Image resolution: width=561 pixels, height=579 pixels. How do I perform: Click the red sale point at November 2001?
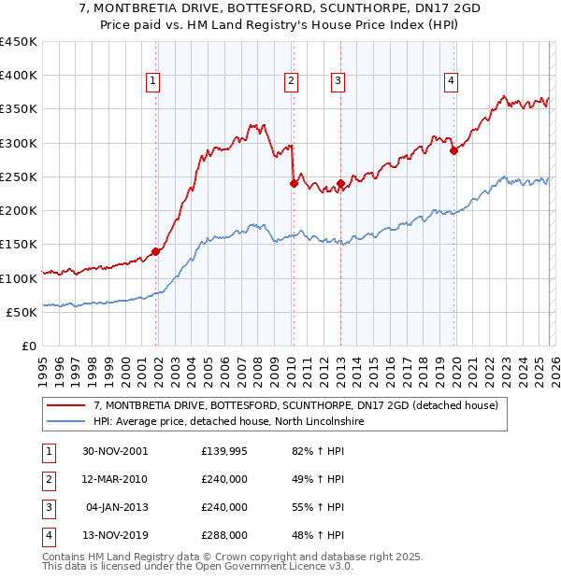[x=156, y=251]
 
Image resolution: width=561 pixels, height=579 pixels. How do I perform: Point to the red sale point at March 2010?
[x=294, y=184]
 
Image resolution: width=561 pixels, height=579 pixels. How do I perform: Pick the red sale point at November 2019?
[x=453, y=150]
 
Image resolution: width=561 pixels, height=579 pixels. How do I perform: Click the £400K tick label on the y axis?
[x=19, y=76]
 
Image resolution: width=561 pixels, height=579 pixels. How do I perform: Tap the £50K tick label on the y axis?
[x=22, y=312]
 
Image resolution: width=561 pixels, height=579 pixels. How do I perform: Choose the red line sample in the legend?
[x=67, y=405]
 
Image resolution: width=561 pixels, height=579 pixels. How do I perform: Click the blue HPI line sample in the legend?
[x=67, y=421]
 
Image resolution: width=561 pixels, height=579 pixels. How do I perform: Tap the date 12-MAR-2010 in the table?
[x=114, y=479]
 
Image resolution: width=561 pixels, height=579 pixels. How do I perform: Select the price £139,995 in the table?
[x=224, y=451]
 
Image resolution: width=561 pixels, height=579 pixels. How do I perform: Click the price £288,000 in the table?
[x=224, y=535]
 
